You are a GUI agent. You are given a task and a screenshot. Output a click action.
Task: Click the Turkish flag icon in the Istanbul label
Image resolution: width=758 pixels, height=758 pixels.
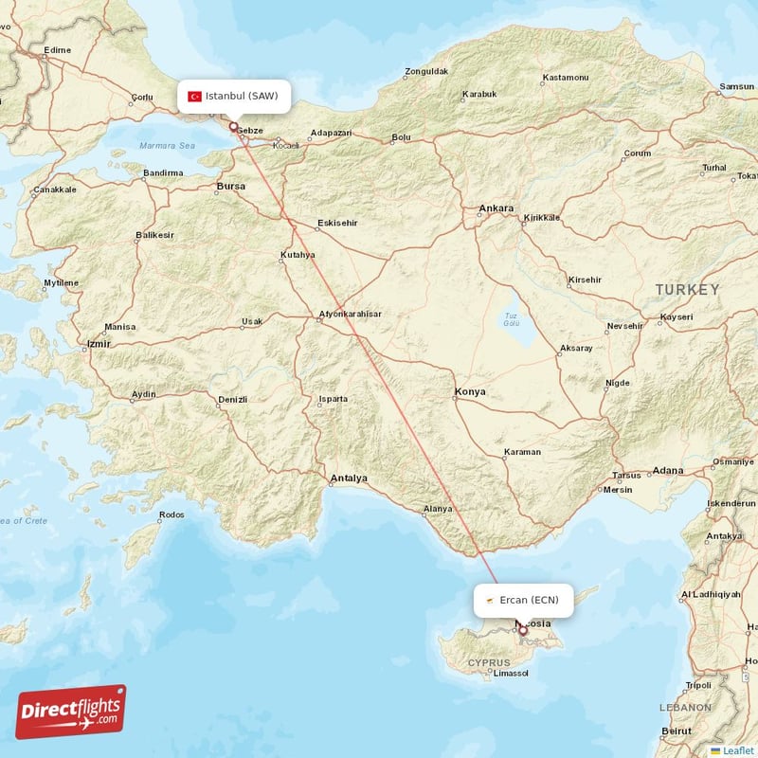point(195,96)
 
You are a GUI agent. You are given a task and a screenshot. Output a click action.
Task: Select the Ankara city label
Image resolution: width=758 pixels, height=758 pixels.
point(496,208)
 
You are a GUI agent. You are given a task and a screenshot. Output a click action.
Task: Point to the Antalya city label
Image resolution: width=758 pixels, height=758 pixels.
point(349,478)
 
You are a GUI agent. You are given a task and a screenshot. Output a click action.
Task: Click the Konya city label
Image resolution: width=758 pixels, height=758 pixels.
point(470,391)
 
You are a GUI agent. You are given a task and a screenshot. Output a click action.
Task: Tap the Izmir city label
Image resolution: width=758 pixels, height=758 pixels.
point(98,343)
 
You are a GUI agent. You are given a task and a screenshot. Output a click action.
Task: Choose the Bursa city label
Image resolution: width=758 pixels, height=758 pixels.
point(231,187)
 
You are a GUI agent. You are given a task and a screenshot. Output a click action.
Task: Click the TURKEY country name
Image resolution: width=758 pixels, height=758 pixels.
point(687,289)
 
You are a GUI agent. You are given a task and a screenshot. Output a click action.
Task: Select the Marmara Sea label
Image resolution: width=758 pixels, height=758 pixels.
point(167,146)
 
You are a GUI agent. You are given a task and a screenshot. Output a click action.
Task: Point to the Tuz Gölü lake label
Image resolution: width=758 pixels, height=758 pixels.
point(512,319)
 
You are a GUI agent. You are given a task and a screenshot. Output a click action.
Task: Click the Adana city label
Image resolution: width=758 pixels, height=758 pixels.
point(668,470)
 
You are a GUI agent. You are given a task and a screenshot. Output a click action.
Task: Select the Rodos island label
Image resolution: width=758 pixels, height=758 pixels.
point(171,514)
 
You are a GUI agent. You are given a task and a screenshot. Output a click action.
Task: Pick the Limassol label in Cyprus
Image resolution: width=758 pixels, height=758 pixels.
point(510,674)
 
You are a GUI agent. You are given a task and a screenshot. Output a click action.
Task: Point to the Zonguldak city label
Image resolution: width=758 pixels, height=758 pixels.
point(426,71)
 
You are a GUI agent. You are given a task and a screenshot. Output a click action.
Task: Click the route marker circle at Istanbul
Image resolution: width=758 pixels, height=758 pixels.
point(233,124)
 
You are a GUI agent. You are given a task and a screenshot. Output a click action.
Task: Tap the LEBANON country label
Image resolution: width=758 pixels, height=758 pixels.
point(685,707)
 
